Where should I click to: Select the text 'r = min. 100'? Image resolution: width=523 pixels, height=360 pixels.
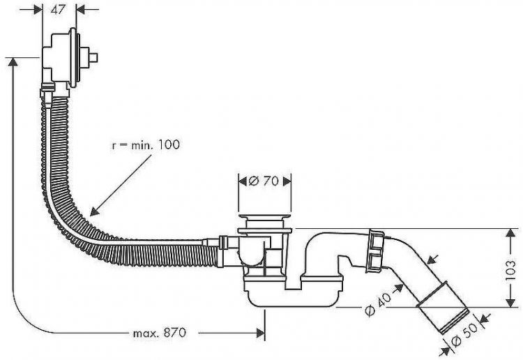tap(146, 145)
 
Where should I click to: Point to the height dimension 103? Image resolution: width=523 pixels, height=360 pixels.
tap(510, 267)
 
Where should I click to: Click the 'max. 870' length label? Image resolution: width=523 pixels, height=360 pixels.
tap(159, 333)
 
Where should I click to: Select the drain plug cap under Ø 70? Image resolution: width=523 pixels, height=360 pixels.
tap(265, 225)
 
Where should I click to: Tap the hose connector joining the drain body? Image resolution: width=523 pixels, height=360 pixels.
tap(222, 243)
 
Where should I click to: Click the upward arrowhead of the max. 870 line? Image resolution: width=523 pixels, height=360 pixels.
tap(13, 61)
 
